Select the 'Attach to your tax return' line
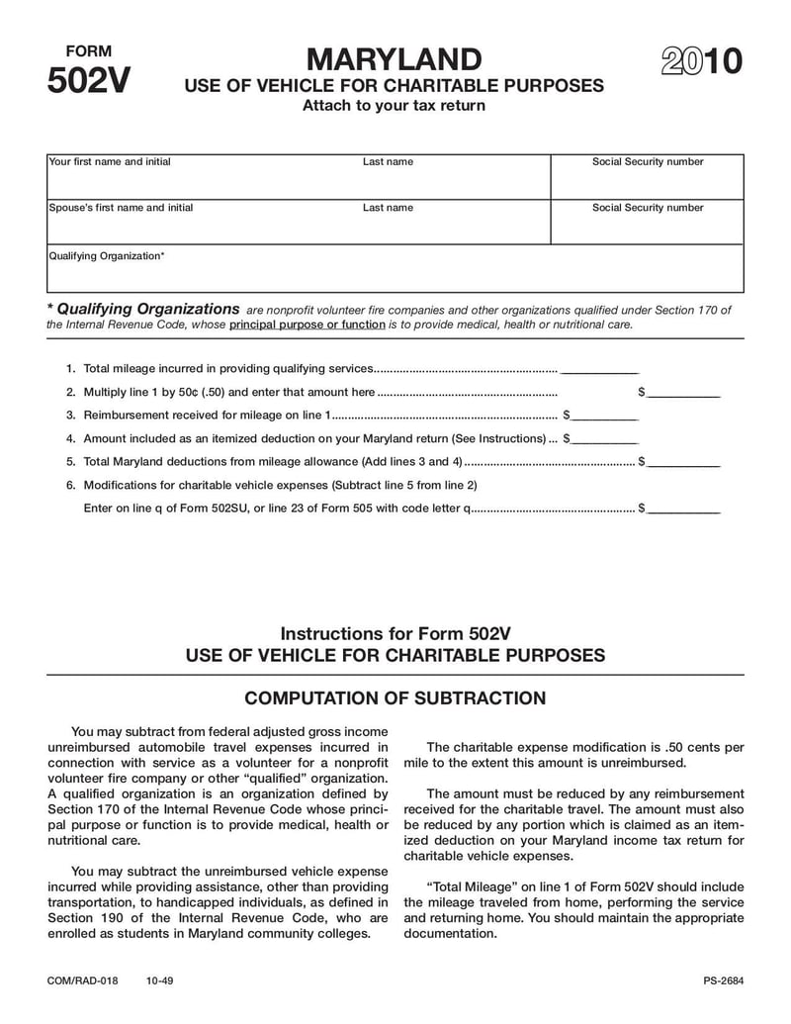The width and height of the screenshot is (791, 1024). click(x=394, y=106)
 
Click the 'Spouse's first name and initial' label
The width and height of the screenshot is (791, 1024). click(x=122, y=208)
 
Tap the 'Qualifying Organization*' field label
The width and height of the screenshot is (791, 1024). click(x=107, y=256)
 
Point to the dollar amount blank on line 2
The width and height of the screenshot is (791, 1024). click(x=684, y=393)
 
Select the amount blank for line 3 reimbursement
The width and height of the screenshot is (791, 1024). click(x=604, y=416)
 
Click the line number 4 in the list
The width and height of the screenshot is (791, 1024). click(x=70, y=438)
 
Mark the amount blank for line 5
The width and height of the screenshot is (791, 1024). click(x=684, y=462)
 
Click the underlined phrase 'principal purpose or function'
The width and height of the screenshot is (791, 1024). click(x=307, y=325)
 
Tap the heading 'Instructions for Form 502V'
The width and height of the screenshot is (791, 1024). click(x=395, y=633)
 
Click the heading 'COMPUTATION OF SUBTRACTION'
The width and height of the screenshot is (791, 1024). click(x=395, y=698)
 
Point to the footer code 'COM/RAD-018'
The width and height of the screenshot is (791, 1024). click(x=83, y=981)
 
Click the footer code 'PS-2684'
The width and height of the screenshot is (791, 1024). click(x=717, y=981)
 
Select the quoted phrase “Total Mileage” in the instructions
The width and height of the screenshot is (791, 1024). click(x=466, y=887)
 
